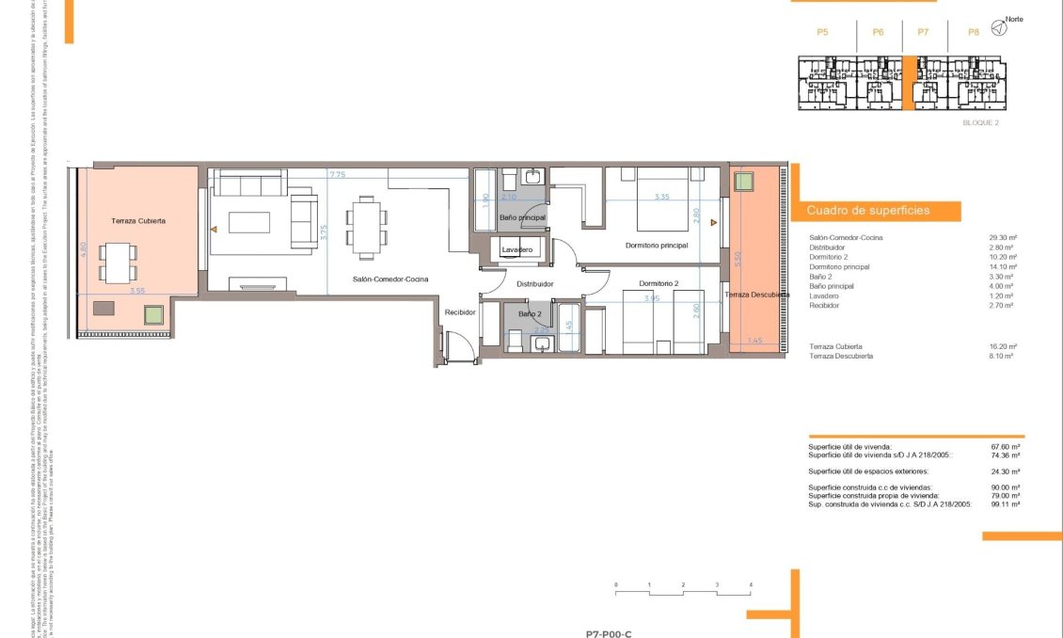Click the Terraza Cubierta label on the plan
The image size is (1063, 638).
click(138, 220)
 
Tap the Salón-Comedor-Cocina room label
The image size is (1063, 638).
click(390, 279)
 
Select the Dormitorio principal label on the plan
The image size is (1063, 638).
click(657, 246)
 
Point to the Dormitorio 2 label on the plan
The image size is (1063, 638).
click(658, 283)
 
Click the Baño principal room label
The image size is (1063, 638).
click(522, 218)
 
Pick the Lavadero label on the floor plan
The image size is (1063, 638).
click(517, 249)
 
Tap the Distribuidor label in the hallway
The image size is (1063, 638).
click(534, 283)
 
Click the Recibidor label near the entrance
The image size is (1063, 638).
click(460, 312)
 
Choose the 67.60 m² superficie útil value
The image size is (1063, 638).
click(1006, 447)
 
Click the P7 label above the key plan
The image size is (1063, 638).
click(923, 32)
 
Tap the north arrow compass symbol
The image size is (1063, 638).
click(999, 29)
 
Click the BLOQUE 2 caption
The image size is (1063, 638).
click(980, 123)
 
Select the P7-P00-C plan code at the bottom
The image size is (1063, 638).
click(609, 633)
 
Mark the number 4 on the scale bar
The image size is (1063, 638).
click(751, 585)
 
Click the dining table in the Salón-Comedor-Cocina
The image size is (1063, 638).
click(366, 227)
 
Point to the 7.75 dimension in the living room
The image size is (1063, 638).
click(338, 174)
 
